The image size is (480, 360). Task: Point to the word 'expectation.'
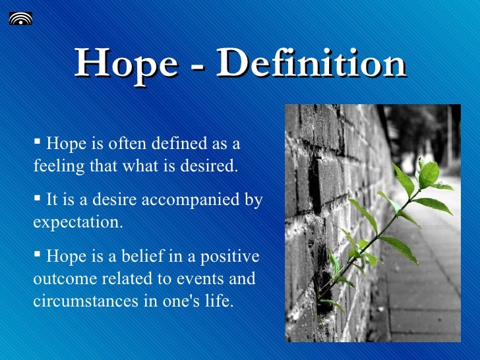point(78,221)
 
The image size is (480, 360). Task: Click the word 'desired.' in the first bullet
point(209,165)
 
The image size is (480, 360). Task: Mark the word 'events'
point(200,278)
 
